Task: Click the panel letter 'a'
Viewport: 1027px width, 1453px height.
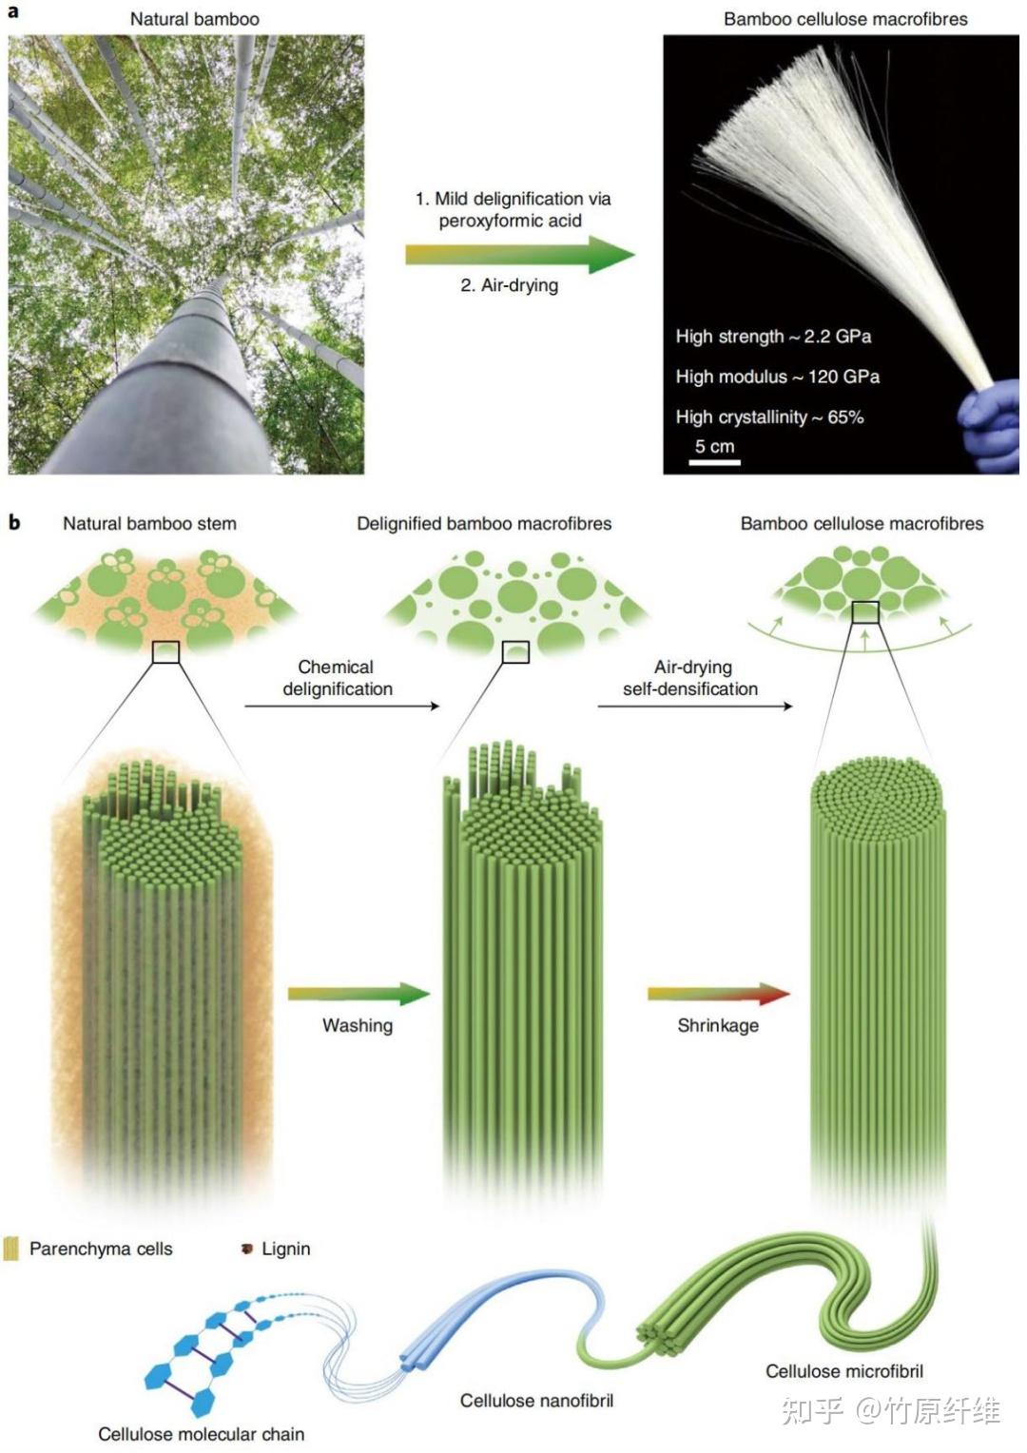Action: pyautogui.click(x=12, y=11)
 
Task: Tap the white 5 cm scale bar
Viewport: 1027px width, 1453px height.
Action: pyautogui.click(x=714, y=462)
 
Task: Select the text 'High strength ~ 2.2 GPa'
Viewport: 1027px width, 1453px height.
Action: pyautogui.click(x=773, y=337)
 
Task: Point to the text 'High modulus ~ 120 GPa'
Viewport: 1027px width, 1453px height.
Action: pyautogui.click(x=777, y=377)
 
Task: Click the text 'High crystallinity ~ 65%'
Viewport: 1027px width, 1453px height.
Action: pyautogui.click(x=769, y=417)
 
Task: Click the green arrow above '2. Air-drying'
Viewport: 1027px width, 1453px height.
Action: pyautogui.click(x=520, y=254)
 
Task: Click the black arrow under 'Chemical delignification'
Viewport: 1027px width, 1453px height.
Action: pyautogui.click(x=342, y=706)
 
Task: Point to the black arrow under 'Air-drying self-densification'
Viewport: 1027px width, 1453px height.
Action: pyautogui.click(x=695, y=706)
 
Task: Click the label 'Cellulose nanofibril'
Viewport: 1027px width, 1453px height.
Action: pyautogui.click(x=536, y=1401)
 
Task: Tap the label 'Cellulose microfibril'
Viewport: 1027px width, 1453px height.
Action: pyautogui.click(x=844, y=1371)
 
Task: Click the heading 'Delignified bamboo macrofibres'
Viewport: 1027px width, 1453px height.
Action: pyautogui.click(x=484, y=523)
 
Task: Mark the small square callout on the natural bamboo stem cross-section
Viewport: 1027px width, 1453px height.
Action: pyautogui.click(x=165, y=652)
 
